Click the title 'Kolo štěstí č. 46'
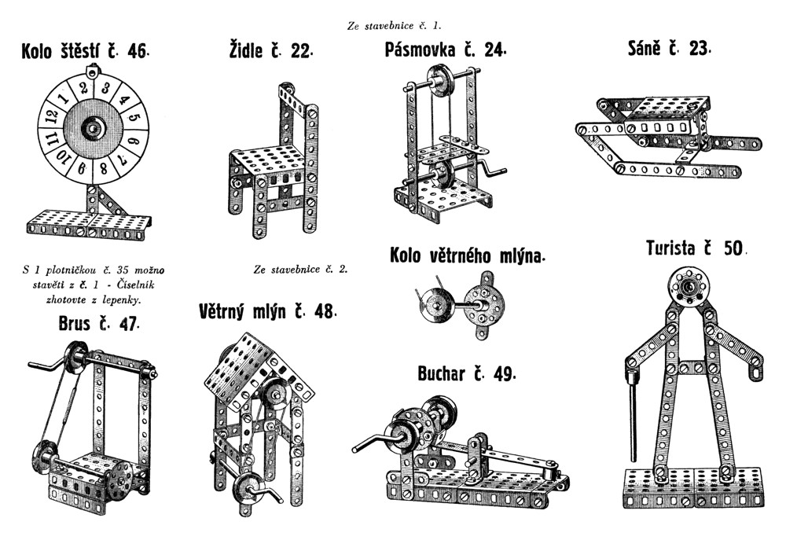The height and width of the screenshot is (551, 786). pos(84,53)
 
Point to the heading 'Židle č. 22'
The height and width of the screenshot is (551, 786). pos(268,52)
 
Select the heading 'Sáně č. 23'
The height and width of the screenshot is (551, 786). pos(669,49)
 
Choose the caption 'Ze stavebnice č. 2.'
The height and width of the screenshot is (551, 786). pos(300,270)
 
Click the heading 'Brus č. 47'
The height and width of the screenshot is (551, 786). pos(98,323)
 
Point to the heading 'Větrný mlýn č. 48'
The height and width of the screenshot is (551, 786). pos(268,311)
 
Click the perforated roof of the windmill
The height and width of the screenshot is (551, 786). pos(240,365)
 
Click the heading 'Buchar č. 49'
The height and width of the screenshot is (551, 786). pos(467,373)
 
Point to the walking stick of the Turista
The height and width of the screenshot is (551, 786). pos(633,417)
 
